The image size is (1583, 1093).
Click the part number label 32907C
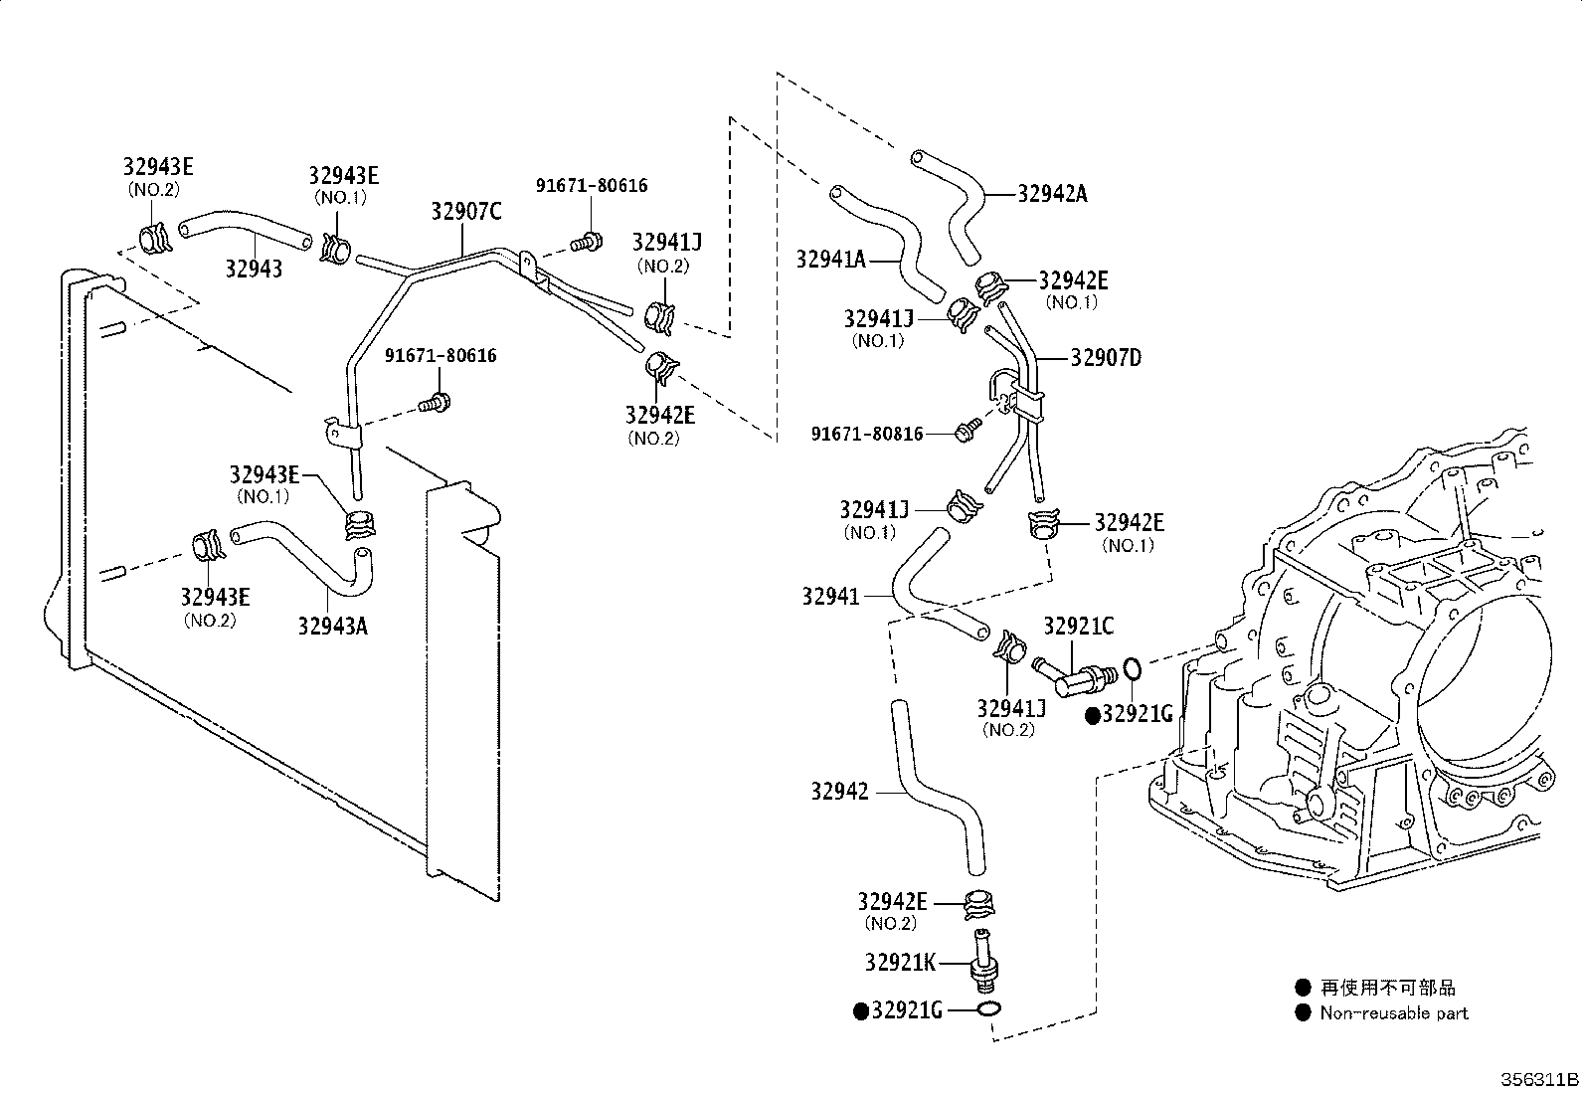[466, 212]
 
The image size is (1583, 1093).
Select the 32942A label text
[1052, 194]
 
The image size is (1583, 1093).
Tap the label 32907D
[1106, 358]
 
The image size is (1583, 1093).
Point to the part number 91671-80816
[867, 434]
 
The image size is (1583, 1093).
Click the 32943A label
[333, 627]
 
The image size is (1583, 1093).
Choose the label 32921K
[900, 962]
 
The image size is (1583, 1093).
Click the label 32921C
[1079, 626]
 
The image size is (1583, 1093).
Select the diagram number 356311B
[1539, 1079]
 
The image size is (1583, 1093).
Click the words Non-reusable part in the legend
[1394, 1013]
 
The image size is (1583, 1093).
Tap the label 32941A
[831, 260]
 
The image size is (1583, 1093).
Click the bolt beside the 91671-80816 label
[968, 429]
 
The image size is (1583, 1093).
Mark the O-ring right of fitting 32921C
[1132, 667]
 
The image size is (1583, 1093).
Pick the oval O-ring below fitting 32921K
[987, 1008]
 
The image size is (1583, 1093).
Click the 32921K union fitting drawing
[984, 961]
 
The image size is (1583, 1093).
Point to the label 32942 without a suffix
[839, 791]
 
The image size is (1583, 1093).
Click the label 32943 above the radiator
[254, 269]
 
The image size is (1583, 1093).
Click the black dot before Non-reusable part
[1303, 1013]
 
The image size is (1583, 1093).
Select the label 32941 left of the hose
[831, 597]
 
